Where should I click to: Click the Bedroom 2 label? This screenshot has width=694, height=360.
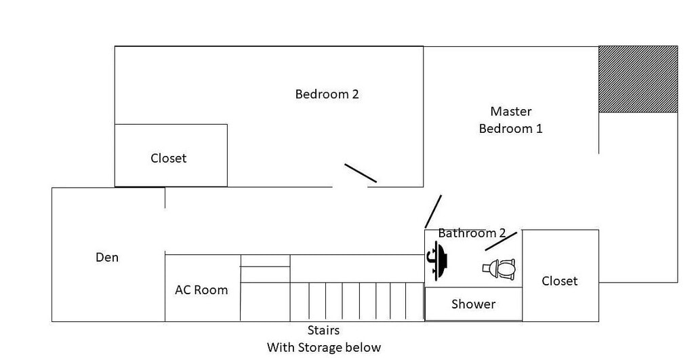click(327, 94)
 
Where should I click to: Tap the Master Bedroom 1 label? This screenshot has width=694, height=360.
click(511, 120)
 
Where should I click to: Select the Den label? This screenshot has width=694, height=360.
click(107, 257)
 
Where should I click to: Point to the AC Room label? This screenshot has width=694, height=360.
click(201, 290)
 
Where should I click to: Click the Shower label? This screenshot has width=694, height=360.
click(473, 304)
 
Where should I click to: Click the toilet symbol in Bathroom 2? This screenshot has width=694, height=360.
click(499, 268)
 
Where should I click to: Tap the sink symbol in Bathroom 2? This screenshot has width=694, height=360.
click(437, 261)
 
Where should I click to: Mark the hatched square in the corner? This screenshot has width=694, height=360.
click(638, 79)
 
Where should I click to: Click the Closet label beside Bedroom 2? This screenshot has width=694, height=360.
click(168, 159)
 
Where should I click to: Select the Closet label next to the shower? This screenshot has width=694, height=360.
click(559, 281)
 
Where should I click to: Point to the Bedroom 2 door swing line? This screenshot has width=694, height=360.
click(361, 173)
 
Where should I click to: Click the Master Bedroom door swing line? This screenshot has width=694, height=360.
click(433, 212)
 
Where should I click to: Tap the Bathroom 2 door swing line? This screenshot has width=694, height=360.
click(501, 241)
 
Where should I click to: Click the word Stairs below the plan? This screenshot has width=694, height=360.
click(323, 330)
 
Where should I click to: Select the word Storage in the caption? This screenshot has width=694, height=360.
click(321, 348)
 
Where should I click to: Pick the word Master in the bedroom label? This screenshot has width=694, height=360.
click(511, 111)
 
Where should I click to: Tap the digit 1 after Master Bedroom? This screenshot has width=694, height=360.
click(539, 129)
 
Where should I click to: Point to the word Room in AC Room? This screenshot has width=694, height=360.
click(214, 290)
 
